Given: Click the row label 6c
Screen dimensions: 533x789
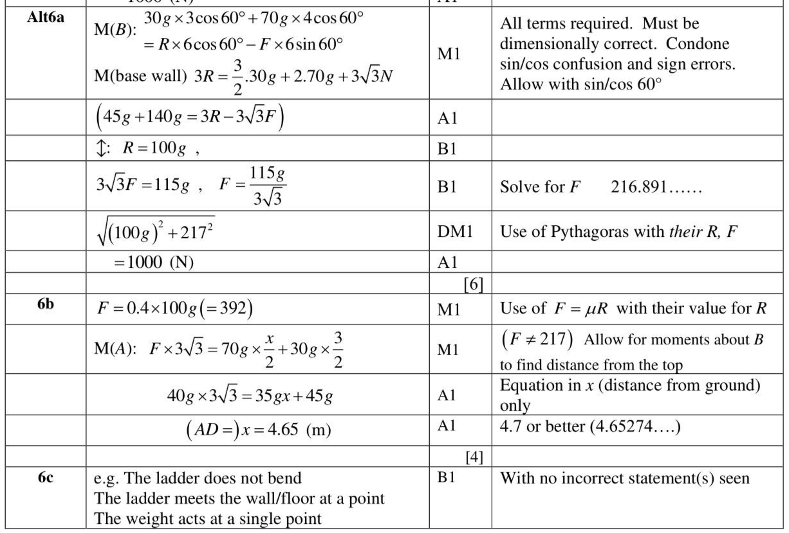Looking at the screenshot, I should point(44,478).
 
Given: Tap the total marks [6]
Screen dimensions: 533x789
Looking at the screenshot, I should point(475,283).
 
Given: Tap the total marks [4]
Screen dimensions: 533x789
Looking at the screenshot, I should point(474,457).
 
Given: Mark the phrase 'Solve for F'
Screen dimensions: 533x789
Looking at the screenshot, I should point(541,188).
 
